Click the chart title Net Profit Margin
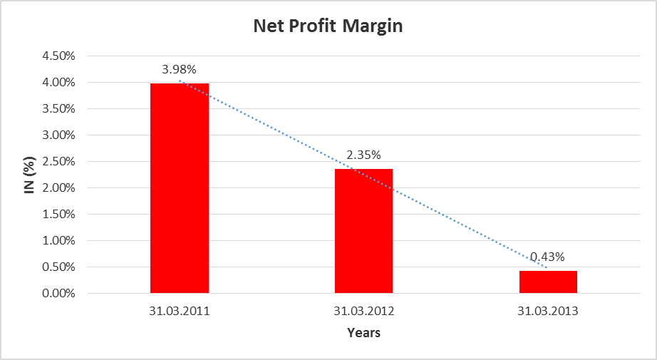328,27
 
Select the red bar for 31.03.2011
180,188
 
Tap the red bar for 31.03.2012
363,231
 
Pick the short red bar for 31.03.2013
548,282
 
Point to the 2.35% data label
363,155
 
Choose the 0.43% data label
548,257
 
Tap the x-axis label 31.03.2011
180,312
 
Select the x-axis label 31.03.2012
363,312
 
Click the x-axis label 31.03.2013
548,312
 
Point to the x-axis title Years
363,333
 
